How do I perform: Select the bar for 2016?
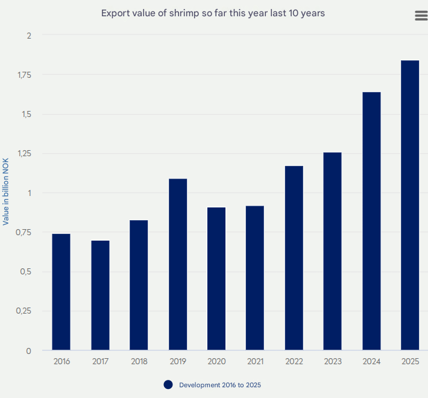click(x=61, y=292)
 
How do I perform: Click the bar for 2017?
click(x=100, y=295)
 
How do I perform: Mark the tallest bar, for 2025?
click(x=410, y=205)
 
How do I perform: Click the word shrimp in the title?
click(x=192, y=13)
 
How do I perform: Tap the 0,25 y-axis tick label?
click(x=23, y=311)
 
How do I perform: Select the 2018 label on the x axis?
click(x=139, y=362)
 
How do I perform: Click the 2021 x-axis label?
click(x=255, y=362)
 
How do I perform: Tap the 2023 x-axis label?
click(x=332, y=362)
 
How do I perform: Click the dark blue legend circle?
click(x=168, y=385)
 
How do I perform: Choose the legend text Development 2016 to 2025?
click(x=220, y=385)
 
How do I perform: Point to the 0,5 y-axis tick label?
click(x=25, y=272)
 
